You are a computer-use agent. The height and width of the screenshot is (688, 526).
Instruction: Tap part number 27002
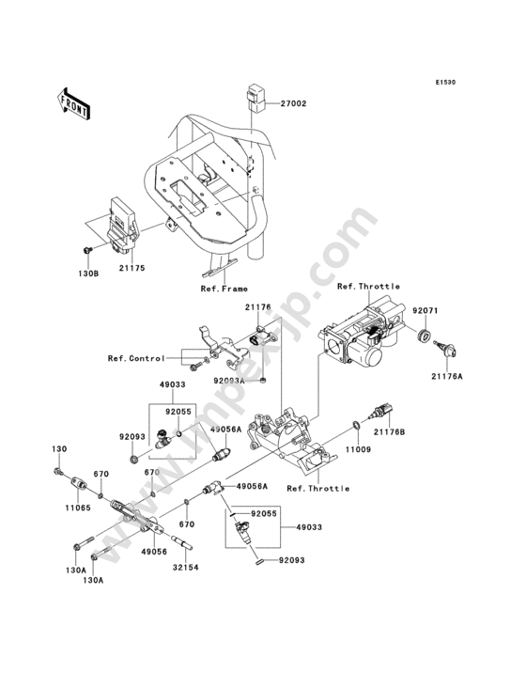pos(294,103)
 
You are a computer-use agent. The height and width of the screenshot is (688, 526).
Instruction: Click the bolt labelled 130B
pos(87,250)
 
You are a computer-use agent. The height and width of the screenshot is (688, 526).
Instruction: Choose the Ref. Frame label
pos(224,289)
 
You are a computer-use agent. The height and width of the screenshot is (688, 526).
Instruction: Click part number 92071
pos(425,310)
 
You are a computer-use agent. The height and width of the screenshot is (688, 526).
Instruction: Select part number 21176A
pos(447,376)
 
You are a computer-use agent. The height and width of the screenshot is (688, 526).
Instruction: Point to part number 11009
pos(359,449)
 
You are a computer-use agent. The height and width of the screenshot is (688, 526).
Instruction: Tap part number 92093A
pos(229,381)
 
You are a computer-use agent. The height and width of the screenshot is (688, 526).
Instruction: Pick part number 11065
pos(79,508)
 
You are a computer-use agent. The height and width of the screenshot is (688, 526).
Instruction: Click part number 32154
pos(186,568)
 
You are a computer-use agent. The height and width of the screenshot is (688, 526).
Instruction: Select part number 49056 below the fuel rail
pos(155,552)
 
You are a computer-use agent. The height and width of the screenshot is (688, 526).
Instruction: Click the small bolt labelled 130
pos(57,472)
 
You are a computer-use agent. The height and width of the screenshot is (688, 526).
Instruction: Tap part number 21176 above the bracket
pos(257,307)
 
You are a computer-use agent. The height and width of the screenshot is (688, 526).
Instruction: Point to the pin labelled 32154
pos(183,542)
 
